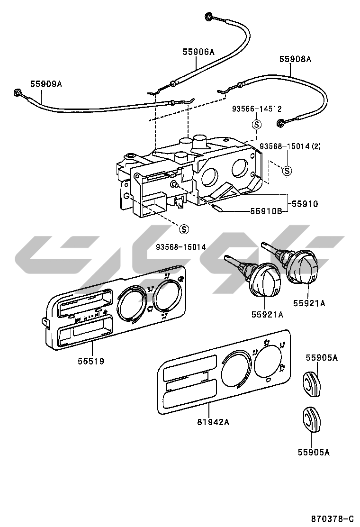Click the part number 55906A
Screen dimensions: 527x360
pyautogui.click(x=198, y=52)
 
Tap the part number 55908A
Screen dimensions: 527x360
pyautogui.click(x=295, y=59)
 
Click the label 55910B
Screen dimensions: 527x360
pyautogui.click(x=266, y=211)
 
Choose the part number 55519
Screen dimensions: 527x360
pyautogui.click(x=91, y=361)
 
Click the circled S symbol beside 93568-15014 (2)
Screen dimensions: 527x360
pyautogui.click(x=287, y=170)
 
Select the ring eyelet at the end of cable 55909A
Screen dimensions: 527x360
pyautogui.click(x=18, y=93)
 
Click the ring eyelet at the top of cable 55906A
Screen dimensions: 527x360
pyautogui.click(x=208, y=18)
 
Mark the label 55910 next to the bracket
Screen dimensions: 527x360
pyautogui.click(x=304, y=204)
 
